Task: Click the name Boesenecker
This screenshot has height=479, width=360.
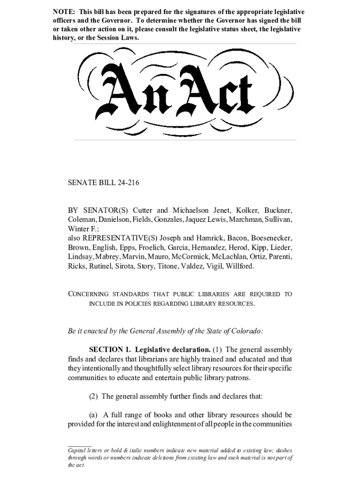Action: click(272, 238)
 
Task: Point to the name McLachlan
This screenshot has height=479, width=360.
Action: click(231, 257)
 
